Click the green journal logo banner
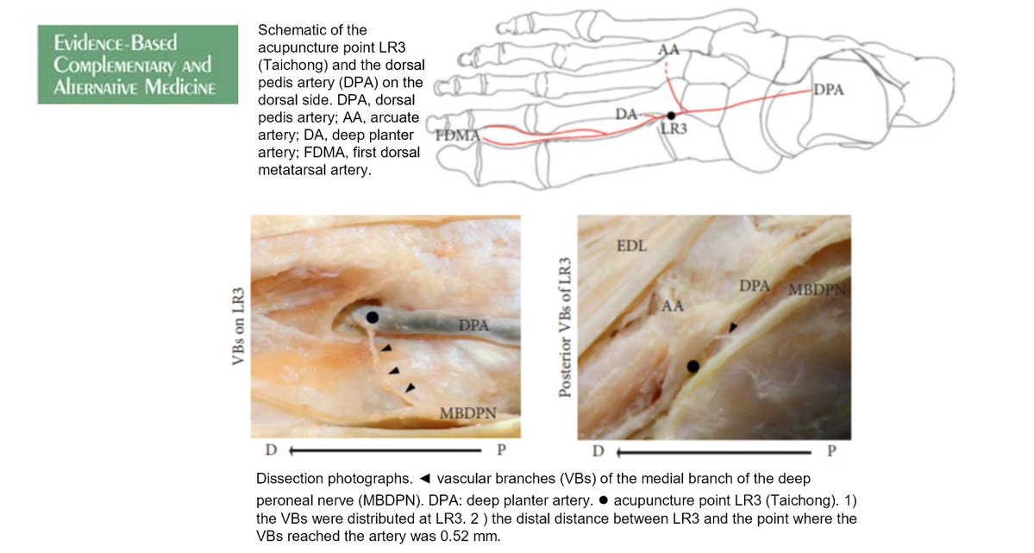(137, 65)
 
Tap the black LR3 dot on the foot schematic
(671, 115)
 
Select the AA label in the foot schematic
(668, 50)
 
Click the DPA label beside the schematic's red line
(828, 90)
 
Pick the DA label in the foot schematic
(626, 114)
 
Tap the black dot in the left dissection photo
(372, 317)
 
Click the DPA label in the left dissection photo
(473, 325)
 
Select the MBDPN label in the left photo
(468, 412)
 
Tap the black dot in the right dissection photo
(692, 367)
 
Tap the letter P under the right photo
(831, 450)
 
